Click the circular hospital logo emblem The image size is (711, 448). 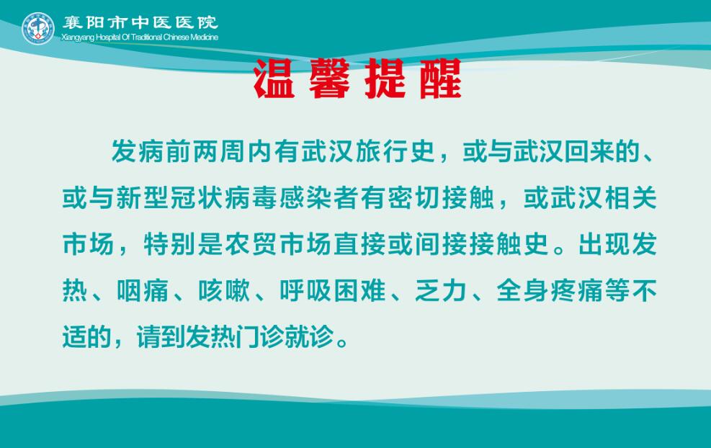(x=38, y=28)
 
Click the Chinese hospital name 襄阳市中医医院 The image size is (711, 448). (x=140, y=22)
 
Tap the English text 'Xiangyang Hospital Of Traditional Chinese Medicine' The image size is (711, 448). (x=140, y=37)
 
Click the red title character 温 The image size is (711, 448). (x=274, y=79)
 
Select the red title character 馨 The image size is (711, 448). (x=330, y=79)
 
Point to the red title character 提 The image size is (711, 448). (x=385, y=79)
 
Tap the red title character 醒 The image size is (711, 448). (x=441, y=79)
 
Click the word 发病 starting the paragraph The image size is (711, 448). (x=138, y=151)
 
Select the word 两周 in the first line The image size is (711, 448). (x=220, y=151)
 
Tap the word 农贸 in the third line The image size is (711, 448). (x=251, y=244)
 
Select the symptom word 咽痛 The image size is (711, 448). (x=143, y=291)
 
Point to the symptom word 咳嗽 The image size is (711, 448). (x=224, y=291)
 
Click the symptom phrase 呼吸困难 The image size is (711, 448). (x=333, y=291)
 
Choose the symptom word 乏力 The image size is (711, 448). (x=441, y=291)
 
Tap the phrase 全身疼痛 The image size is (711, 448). (x=550, y=291)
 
